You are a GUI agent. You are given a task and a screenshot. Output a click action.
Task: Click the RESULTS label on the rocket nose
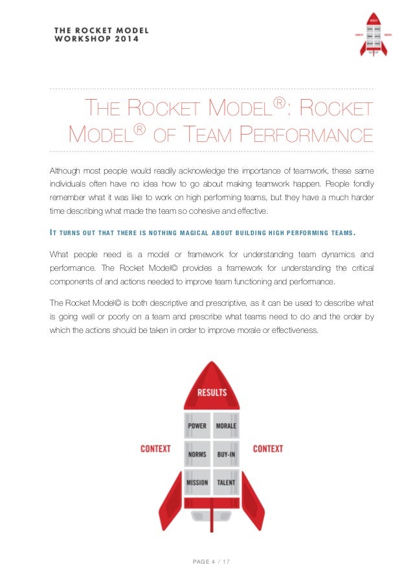point(212,393)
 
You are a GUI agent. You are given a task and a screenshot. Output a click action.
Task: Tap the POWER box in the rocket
point(197,426)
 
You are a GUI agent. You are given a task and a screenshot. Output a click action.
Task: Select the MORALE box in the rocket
point(226,426)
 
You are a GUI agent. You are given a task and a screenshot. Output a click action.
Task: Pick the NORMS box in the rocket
point(197,454)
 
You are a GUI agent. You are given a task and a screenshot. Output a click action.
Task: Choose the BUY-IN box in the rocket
point(226,454)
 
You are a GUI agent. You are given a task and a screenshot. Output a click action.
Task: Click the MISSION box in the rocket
point(197,483)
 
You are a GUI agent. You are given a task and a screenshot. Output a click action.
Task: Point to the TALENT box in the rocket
point(226,483)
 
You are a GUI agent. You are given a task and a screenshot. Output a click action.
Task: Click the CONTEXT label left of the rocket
point(155,448)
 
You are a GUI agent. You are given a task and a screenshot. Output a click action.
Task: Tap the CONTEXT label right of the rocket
point(268,448)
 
